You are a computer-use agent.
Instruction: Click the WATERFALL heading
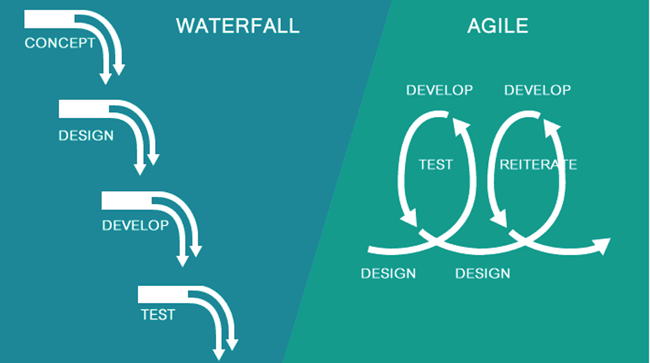tap(237, 25)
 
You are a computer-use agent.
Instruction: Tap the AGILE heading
tap(497, 25)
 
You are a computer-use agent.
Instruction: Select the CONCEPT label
tap(59, 44)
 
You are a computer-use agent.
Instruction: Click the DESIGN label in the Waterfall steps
tap(86, 136)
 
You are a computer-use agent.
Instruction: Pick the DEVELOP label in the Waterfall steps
tap(135, 225)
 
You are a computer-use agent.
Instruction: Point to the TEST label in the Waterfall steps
tap(158, 315)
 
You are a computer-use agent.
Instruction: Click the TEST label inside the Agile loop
tap(435, 164)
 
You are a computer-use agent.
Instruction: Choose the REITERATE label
tap(538, 164)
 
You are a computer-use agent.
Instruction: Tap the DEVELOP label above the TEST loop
tap(439, 90)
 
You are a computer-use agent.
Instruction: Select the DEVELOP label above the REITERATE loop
tap(538, 90)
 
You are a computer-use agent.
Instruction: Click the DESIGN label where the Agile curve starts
tap(388, 273)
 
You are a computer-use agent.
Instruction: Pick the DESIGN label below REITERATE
tap(482, 273)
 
